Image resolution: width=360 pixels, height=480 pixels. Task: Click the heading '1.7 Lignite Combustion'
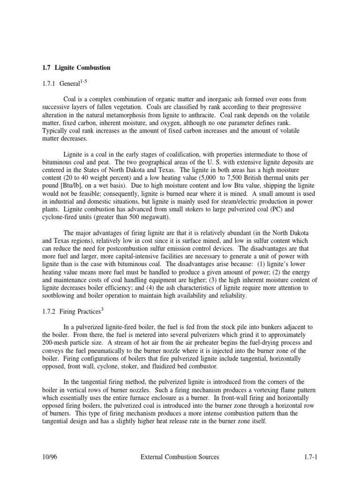[x=76, y=68]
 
